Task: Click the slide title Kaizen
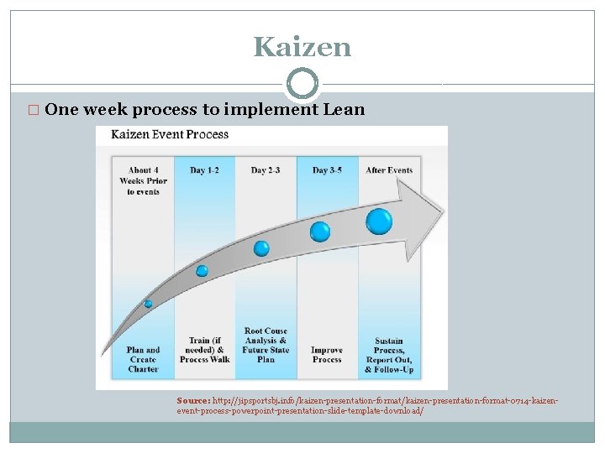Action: (302, 47)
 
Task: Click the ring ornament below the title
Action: (302, 84)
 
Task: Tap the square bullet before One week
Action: (34, 110)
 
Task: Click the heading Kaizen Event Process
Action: (170, 134)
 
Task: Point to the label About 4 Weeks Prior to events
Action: (143, 180)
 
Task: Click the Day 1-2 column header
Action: (204, 170)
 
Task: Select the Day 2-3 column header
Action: (266, 170)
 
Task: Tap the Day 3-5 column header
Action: (327, 170)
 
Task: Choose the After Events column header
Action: (389, 170)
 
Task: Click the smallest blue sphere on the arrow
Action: (148, 304)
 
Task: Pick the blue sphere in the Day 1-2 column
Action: (202, 271)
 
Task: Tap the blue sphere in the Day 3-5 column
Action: (320, 232)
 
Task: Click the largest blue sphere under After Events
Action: (379, 221)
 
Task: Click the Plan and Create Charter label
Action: (143, 359)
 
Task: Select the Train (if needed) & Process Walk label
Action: (204, 350)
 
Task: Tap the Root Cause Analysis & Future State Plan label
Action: (266, 345)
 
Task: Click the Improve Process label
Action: (327, 355)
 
